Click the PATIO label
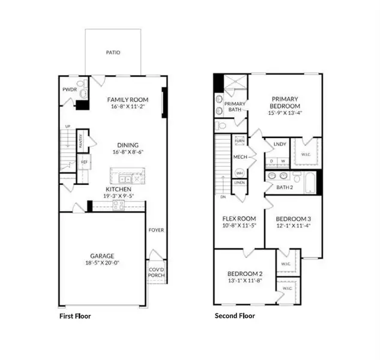click(x=113, y=52)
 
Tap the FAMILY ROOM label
click(x=127, y=100)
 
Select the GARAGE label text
click(x=102, y=255)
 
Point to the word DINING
click(x=128, y=145)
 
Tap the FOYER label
click(x=156, y=230)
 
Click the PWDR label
click(x=69, y=89)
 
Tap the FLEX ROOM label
click(x=240, y=218)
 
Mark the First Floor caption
click(x=74, y=316)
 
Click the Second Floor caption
click(x=235, y=316)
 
